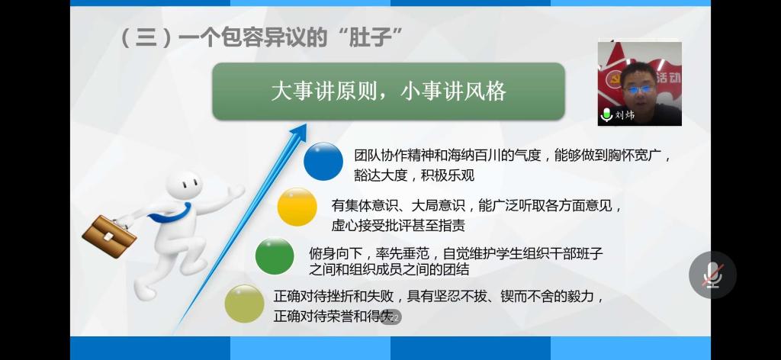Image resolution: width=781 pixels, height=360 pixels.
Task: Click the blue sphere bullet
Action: pos(323,162)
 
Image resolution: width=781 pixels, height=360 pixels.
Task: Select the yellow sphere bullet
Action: pos(297,207)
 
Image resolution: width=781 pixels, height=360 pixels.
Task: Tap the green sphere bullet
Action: pos(275,256)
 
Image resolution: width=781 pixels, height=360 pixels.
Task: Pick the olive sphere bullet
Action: pos(244,304)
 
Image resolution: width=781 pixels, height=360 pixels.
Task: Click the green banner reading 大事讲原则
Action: pos(388,92)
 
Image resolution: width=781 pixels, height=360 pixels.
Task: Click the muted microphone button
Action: pos(712,275)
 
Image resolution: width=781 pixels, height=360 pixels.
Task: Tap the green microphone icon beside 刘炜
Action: pos(606,115)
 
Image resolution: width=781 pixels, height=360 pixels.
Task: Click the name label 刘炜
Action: pos(625,115)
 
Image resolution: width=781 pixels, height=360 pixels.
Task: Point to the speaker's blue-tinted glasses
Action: pos(639,90)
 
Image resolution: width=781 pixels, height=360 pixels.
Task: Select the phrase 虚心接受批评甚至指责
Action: pos(398,226)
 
